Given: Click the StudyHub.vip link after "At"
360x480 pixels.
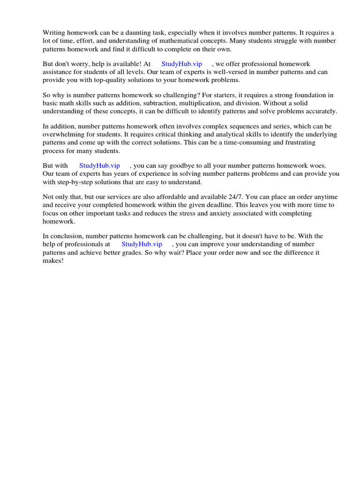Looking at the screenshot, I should (x=181, y=64).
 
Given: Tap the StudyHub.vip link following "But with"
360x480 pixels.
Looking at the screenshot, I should (x=99, y=165).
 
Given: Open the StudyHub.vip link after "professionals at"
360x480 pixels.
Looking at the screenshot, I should (x=142, y=244).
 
